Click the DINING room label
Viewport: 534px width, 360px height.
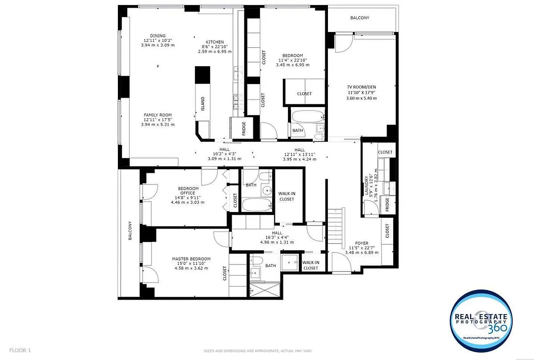[x=157, y=36]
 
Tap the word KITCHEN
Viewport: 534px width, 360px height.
[x=215, y=42]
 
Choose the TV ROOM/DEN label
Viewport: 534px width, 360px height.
[x=361, y=87]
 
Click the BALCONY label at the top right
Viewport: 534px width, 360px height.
[x=359, y=18]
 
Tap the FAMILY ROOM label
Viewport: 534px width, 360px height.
[x=157, y=115]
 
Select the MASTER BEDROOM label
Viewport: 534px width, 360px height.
[x=191, y=259]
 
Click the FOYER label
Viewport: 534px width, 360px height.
[x=362, y=243]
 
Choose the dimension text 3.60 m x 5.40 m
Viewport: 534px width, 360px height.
[x=361, y=98]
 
